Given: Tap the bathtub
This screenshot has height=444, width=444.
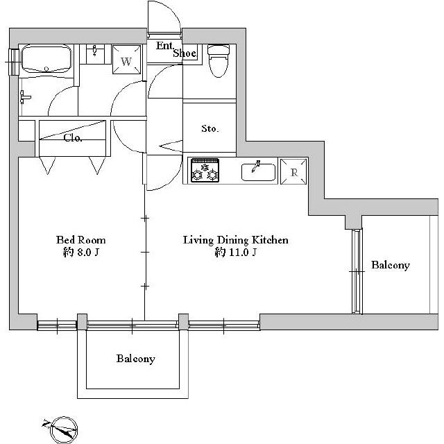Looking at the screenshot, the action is point(46,59).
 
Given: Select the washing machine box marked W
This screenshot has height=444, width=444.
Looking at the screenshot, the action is point(126,60).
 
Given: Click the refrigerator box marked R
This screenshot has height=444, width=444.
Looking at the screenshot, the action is point(293,171).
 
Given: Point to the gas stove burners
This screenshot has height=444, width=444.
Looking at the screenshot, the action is point(205,171).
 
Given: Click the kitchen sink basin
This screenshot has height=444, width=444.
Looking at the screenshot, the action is point(258,172).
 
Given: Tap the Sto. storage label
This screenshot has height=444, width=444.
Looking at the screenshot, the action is point(210,129).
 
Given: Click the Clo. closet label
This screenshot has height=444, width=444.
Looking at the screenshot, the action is point(73,138).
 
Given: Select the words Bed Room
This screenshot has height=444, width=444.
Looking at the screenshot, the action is point(81,240).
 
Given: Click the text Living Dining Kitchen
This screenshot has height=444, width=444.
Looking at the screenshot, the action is point(236,240).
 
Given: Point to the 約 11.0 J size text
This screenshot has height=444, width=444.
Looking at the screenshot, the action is point(236,252).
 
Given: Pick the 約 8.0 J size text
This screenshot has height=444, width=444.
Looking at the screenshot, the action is point(81,252).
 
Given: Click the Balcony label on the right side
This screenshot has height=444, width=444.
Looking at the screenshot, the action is point(391,265).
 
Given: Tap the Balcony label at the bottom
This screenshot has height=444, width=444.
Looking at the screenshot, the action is point(136,359).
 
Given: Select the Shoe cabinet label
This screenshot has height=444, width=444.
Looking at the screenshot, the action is point(185,53).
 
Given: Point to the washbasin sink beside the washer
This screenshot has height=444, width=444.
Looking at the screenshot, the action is point(95,54).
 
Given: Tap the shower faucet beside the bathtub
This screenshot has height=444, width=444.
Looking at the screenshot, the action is point(24,97).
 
